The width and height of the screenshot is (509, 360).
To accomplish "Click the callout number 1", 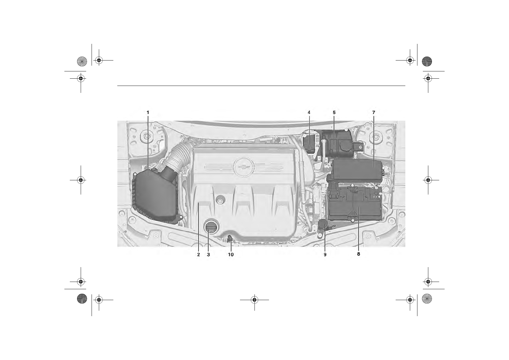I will (148, 112).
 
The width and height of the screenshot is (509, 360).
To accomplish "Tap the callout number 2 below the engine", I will (199, 255).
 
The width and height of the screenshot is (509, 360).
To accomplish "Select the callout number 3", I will (208, 255).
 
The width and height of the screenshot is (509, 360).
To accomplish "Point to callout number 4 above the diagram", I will (309, 112).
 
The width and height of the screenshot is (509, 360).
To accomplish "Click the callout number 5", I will (334, 112).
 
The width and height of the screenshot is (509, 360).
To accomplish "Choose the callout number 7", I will (374, 112).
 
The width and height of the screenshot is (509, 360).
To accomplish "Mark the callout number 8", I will (358, 254).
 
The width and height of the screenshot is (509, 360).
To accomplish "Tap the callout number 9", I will (325, 255).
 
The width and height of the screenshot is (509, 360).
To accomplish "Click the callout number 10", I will (231, 255).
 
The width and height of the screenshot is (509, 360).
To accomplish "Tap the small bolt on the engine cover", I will (220, 201).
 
